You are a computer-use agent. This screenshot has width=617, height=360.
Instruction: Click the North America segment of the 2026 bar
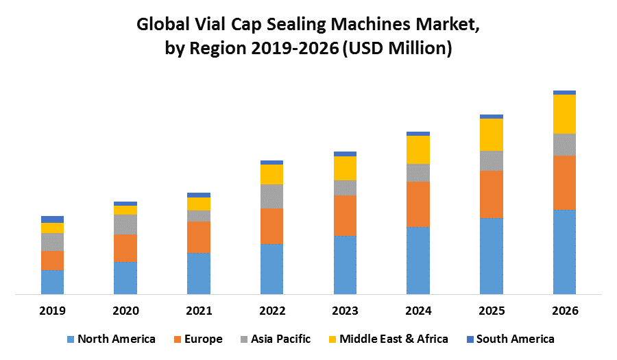564,252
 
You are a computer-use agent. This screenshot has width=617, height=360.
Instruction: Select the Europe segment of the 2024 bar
418,204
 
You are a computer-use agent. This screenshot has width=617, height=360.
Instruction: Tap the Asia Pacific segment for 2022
272,196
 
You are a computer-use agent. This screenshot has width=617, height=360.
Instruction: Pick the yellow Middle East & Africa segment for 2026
564,114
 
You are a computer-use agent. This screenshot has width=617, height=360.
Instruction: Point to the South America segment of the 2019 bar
52,219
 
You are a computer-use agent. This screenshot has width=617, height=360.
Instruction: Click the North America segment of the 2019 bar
52,282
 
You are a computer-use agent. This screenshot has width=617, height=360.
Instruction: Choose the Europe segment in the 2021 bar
199,237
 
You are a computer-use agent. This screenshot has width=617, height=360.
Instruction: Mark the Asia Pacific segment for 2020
125,224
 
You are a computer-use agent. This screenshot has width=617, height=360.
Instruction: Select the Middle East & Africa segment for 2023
345,168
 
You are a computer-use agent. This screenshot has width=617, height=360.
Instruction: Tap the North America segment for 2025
492,256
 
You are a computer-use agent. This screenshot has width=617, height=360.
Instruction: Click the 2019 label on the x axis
52,311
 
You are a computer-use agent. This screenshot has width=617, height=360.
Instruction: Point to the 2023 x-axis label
345,311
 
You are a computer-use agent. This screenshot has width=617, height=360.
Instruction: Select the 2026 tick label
564,311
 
